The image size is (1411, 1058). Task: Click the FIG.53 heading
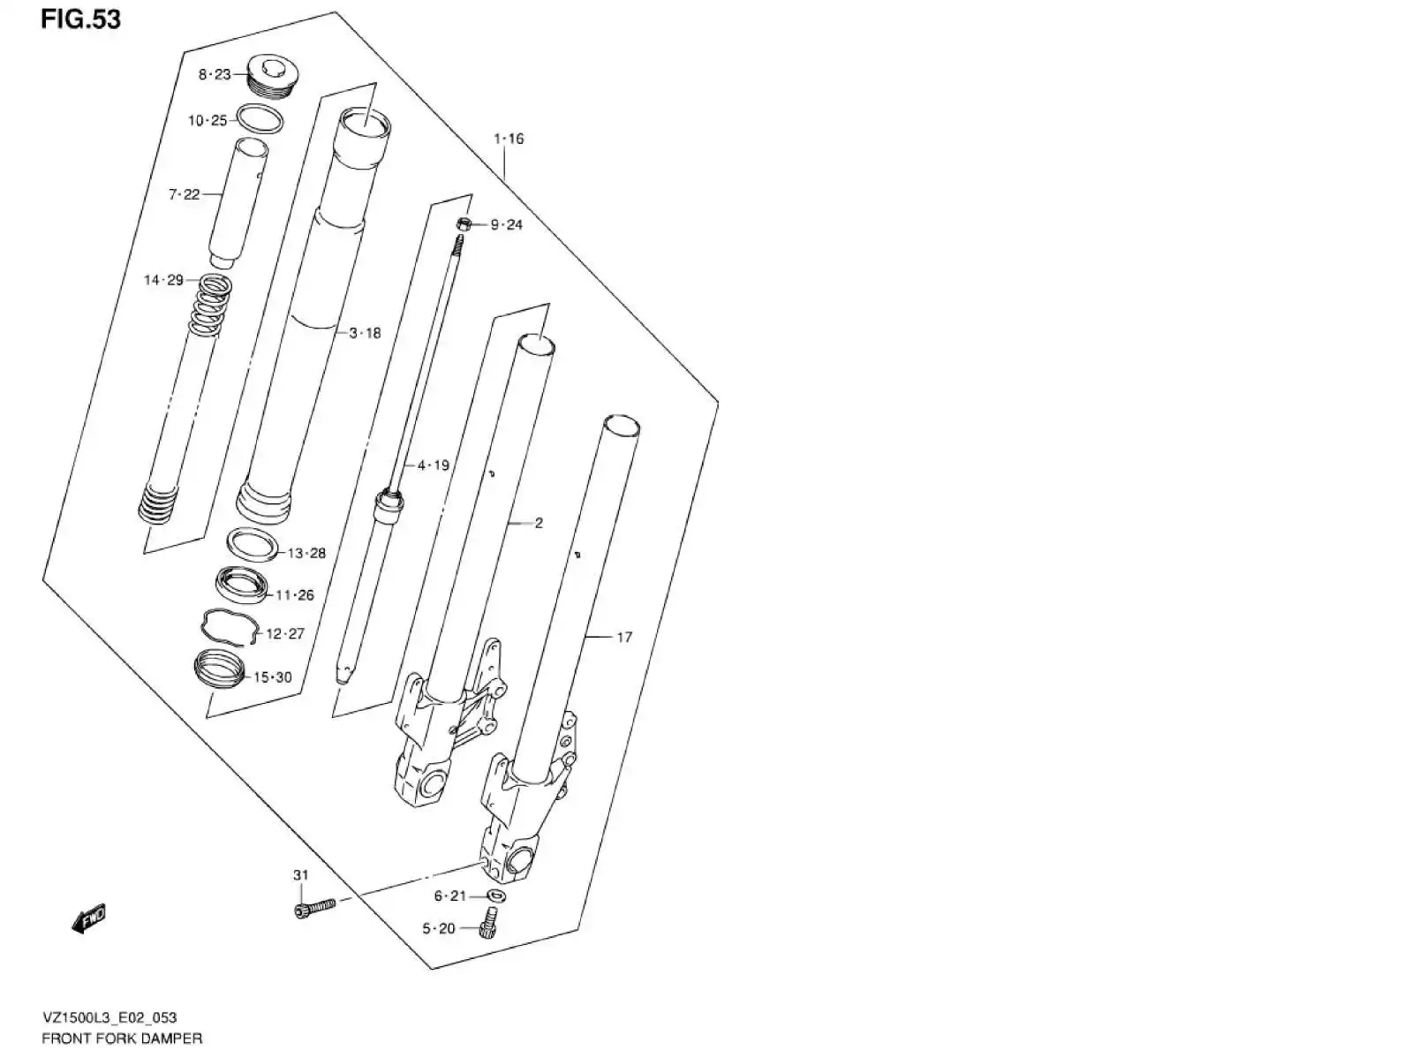[80, 19]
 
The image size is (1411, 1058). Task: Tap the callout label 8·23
[214, 75]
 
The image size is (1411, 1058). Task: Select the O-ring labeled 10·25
[261, 118]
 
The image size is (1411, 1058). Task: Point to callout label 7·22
[185, 194]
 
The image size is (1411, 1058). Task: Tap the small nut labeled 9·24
[465, 224]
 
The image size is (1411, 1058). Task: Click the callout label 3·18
[365, 333]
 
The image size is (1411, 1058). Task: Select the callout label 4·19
[434, 465]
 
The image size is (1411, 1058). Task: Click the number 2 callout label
[539, 523]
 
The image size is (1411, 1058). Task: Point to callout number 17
[623, 637]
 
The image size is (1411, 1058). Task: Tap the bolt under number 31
[314, 907]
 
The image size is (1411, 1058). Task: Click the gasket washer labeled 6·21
[495, 896]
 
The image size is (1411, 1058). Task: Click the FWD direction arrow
[88, 919]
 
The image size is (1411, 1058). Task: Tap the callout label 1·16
[509, 139]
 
